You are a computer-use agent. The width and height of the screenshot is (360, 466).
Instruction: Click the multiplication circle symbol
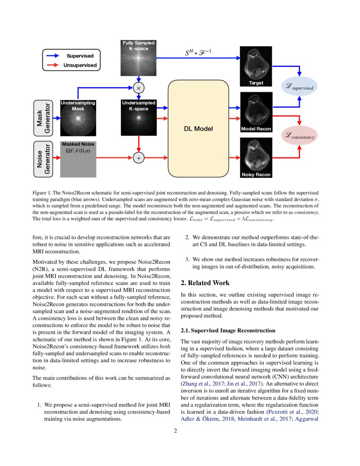pos(138,88)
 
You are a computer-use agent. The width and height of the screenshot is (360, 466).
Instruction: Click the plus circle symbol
pos(138,158)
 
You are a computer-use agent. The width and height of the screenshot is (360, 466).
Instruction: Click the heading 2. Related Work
pos(205,283)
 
